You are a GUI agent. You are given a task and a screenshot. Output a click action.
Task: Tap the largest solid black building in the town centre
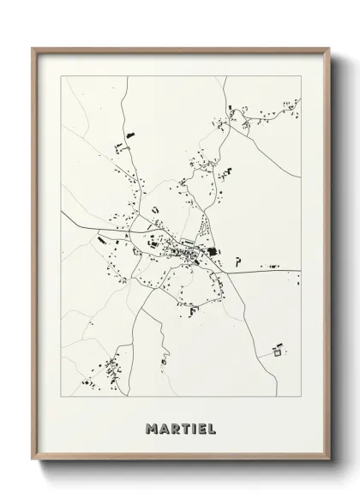point(212,251)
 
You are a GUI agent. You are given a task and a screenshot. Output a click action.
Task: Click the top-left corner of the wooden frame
point(33,47)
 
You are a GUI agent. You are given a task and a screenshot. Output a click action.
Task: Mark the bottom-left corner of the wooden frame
point(33,464)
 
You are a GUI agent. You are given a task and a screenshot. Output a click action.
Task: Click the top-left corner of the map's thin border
point(61,76)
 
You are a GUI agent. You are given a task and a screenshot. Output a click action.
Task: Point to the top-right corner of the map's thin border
point(301,76)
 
